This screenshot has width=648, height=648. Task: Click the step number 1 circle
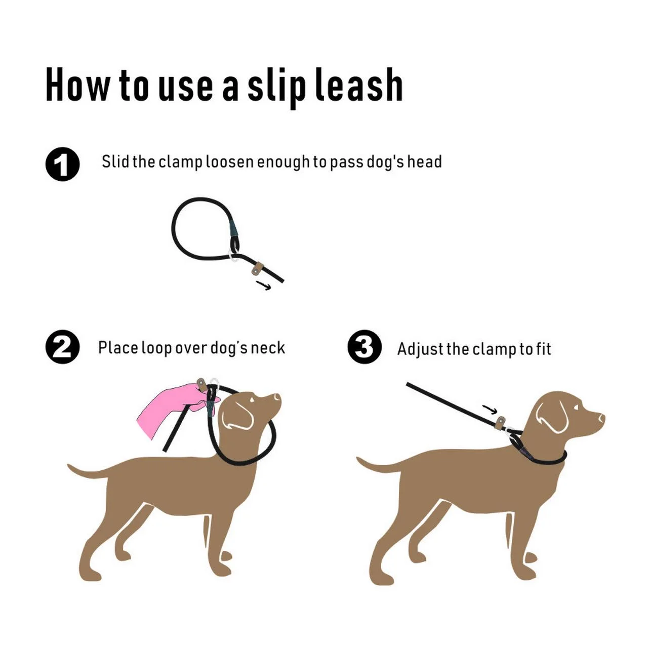pyautogui.click(x=63, y=165)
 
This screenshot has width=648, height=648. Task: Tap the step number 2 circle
pyautogui.click(x=63, y=347)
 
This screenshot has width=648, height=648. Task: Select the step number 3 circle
pyautogui.click(x=364, y=347)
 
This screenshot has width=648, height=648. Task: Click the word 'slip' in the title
pyautogui.click(x=276, y=86)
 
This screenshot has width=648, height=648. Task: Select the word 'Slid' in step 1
pyautogui.click(x=115, y=161)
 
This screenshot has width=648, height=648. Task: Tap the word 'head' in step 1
pyautogui.click(x=425, y=161)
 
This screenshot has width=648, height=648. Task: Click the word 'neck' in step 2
pyautogui.click(x=268, y=348)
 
